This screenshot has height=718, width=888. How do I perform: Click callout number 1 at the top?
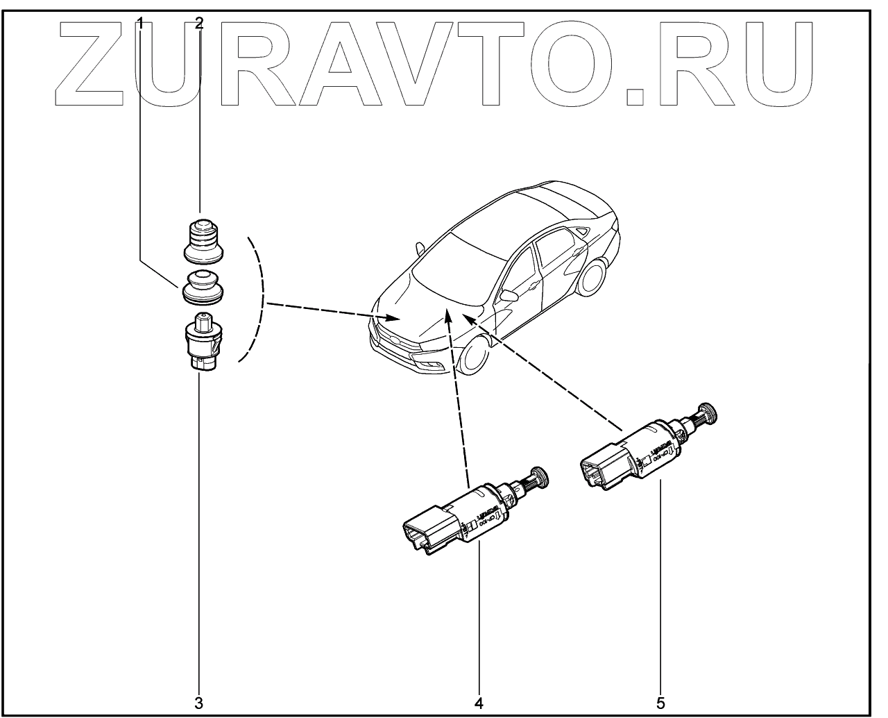pyautogui.click(x=141, y=23)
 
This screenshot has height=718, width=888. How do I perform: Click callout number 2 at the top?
pyautogui.click(x=199, y=23)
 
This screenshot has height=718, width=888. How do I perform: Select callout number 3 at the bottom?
pyautogui.click(x=199, y=703)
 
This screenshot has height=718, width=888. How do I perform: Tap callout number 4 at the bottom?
pyautogui.click(x=479, y=703)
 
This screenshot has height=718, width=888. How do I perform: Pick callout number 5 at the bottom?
pyautogui.click(x=660, y=703)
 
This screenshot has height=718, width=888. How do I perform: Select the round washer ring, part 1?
pyautogui.click(x=202, y=288)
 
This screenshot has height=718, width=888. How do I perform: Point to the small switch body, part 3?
pyautogui.click(x=201, y=342)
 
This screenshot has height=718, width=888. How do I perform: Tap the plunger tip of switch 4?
pyautogui.click(x=539, y=477)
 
